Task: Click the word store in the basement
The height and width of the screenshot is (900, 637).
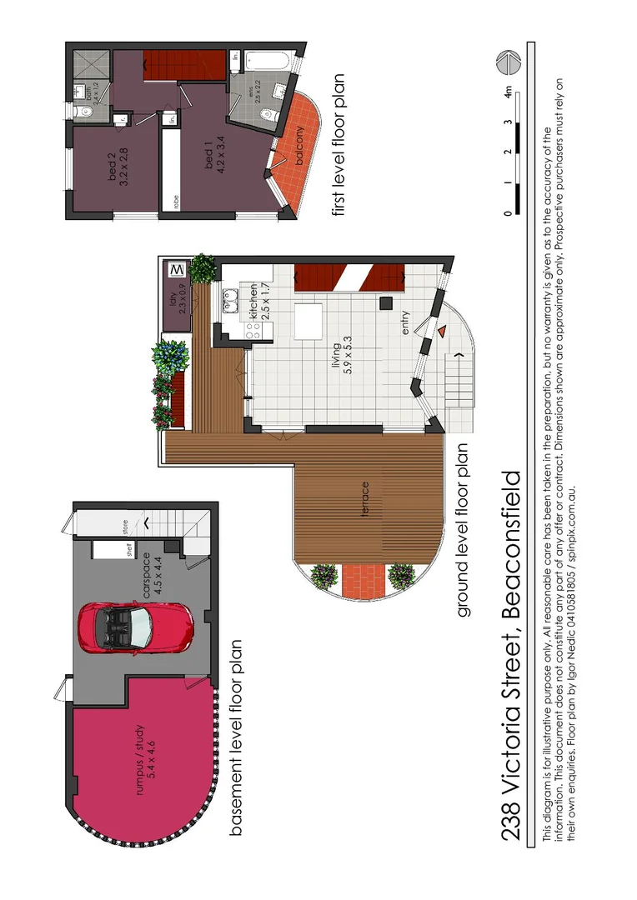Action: tap(127, 527)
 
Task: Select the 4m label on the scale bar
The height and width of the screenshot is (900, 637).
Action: tap(508, 93)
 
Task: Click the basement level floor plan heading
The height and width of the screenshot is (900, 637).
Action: tap(236, 737)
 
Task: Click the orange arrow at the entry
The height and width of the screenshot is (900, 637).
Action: tap(440, 332)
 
